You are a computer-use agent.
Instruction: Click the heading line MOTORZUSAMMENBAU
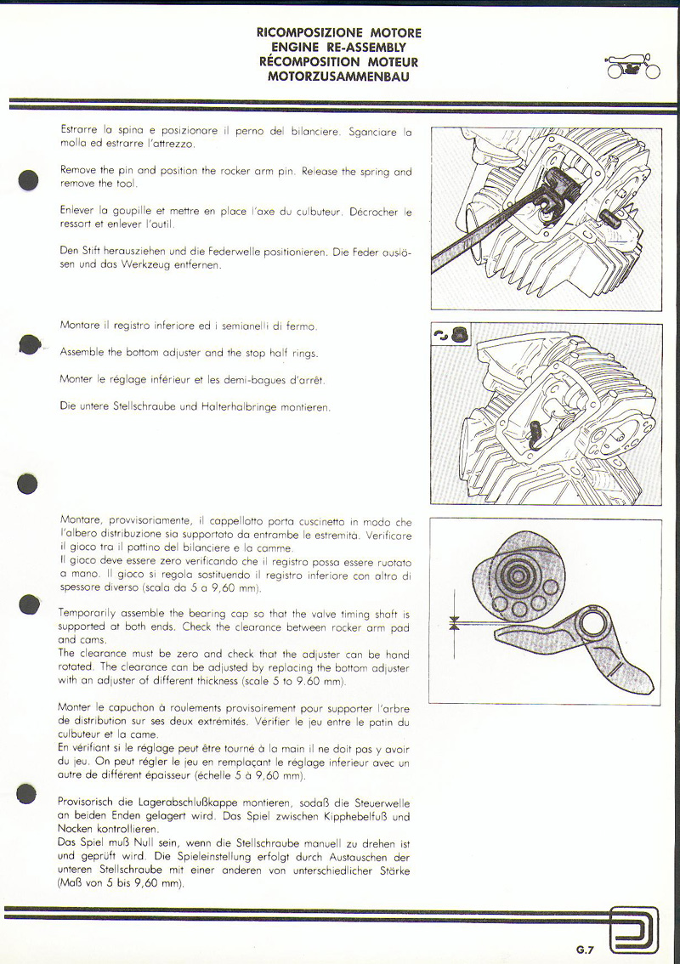click(339, 77)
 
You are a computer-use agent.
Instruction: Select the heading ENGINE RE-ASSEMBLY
click(339, 48)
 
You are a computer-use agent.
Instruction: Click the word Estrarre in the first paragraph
click(78, 131)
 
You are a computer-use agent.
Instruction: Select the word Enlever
click(77, 211)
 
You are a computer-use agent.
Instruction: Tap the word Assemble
click(82, 353)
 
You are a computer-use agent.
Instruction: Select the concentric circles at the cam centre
click(518, 571)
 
